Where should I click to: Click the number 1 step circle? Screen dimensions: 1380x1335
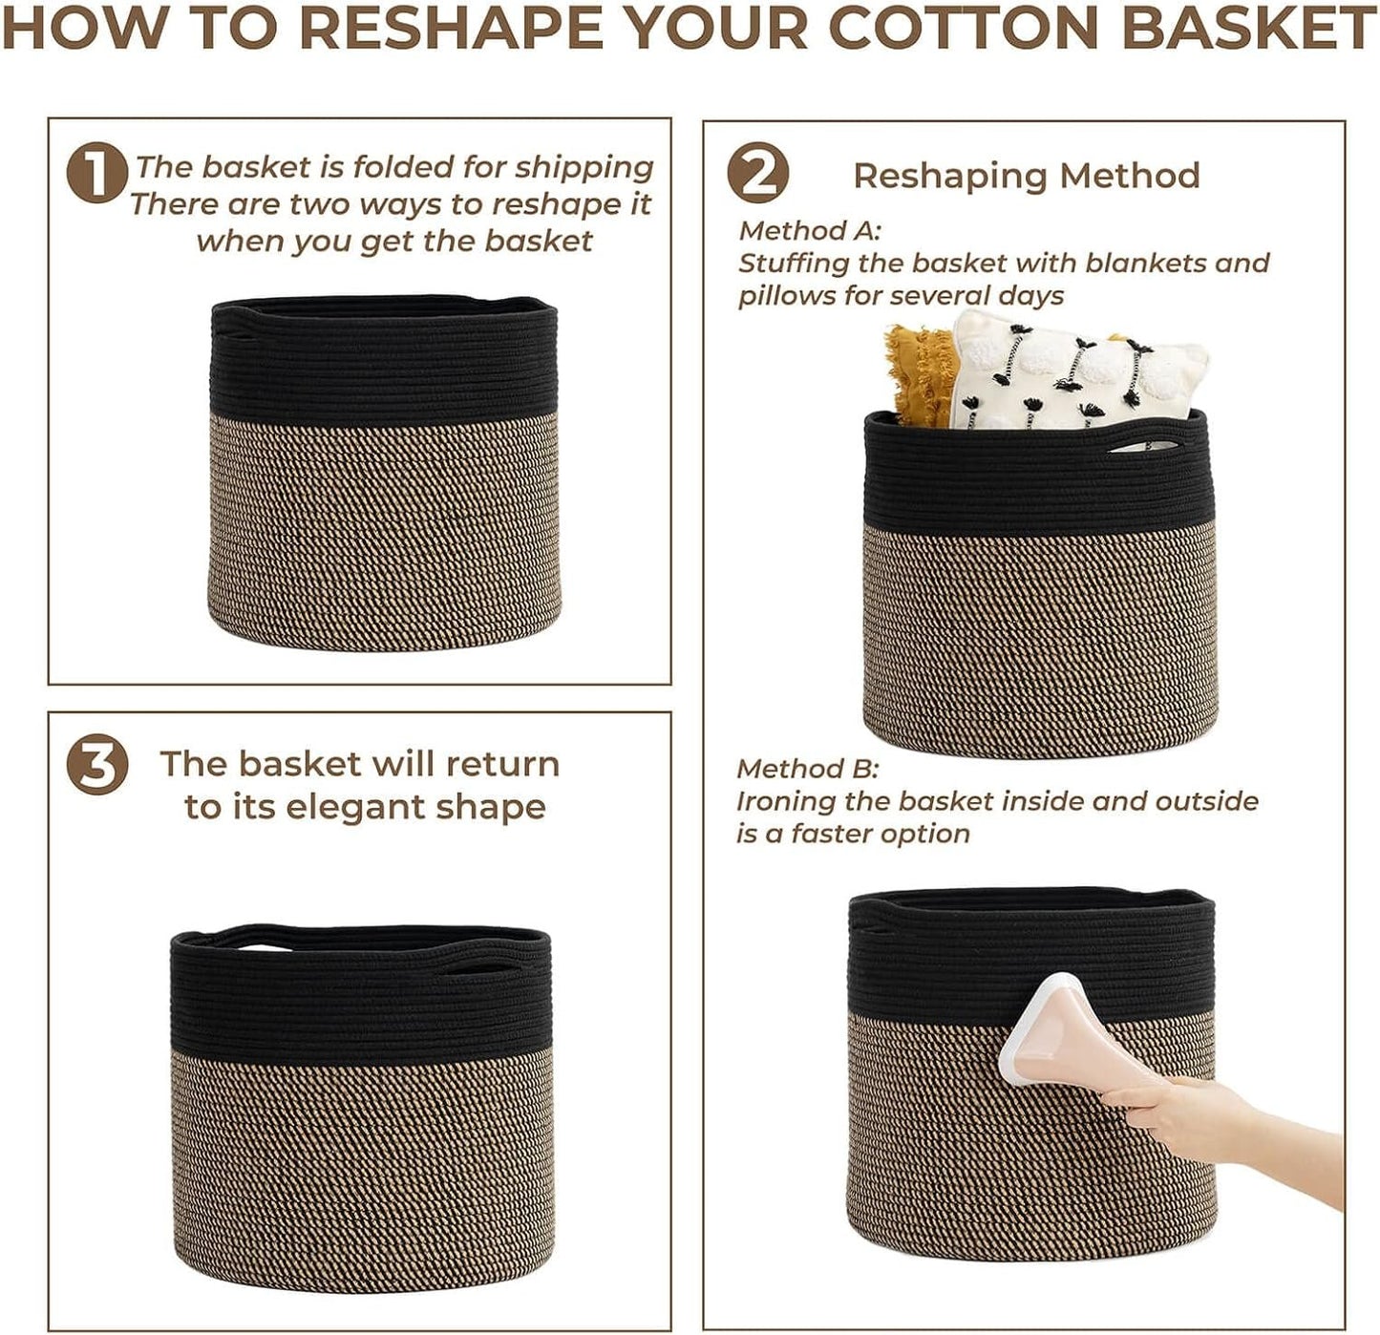97,173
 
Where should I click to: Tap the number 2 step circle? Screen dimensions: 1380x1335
757,173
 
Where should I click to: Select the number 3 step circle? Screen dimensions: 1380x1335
97,764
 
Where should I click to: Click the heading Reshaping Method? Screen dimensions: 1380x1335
1026,175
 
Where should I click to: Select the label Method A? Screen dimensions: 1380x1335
809,230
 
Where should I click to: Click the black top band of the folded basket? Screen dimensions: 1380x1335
383,362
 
